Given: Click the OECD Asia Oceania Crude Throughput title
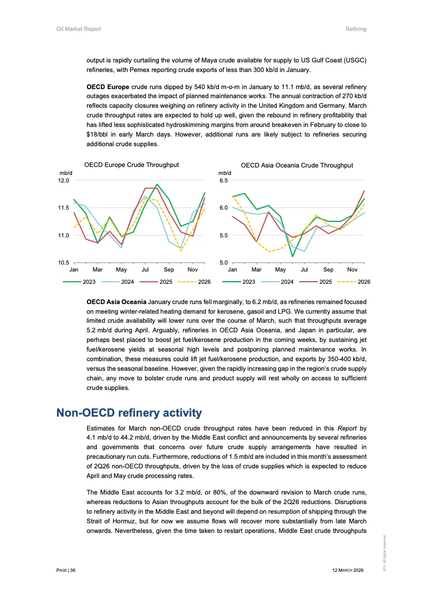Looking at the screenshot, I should (x=297, y=165).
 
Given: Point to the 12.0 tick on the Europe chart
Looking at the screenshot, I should (x=64, y=180).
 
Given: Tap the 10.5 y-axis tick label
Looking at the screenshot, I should (x=64, y=262).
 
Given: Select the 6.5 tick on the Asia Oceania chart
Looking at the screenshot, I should (x=224, y=180).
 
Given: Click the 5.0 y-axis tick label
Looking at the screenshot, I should (x=224, y=262).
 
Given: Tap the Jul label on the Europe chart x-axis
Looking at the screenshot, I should (x=145, y=270).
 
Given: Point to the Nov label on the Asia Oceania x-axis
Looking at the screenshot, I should (x=352, y=270).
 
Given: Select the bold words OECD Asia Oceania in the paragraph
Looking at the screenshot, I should (x=116, y=302).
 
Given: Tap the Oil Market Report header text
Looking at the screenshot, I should (x=79, y=29).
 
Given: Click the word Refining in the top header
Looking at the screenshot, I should (x=356, y=29).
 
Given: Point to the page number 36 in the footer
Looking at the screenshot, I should (x=73, y=570).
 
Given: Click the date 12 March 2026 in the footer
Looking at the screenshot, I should (x=347, y=570).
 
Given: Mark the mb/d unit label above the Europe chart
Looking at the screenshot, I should (x=65, y=173).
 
